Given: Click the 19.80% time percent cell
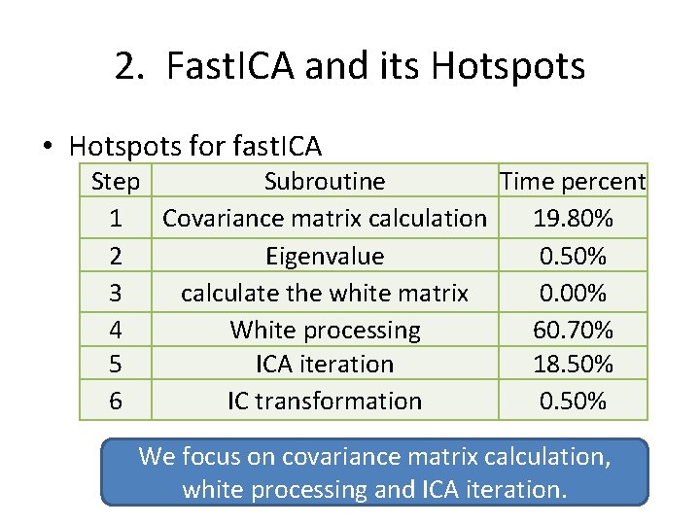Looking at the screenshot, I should coord(573,219).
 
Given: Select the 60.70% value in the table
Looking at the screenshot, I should coord(573,330).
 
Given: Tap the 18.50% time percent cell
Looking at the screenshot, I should coord(573,365).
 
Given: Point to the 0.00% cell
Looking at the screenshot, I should coord(573,293).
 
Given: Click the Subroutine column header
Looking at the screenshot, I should coord(325,182).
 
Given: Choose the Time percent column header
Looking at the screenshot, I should coord(573,182).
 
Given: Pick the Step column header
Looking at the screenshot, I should coord(115,182).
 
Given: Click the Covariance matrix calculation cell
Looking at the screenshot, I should coord(325,219).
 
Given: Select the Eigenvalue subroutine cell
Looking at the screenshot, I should coord(325,256).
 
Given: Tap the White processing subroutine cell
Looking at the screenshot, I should coord(325,330).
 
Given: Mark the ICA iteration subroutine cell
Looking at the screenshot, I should coord(325,365).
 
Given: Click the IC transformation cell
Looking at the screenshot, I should coord(325,401).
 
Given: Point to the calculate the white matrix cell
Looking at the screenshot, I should coord(325,293).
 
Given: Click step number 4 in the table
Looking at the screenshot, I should coord(116,330).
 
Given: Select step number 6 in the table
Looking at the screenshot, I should coord(116,401).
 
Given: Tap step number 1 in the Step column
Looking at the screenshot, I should coord(116,219).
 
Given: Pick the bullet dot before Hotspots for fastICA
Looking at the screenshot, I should coord(47,148).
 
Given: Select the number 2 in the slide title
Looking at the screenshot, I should coord(126,66).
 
